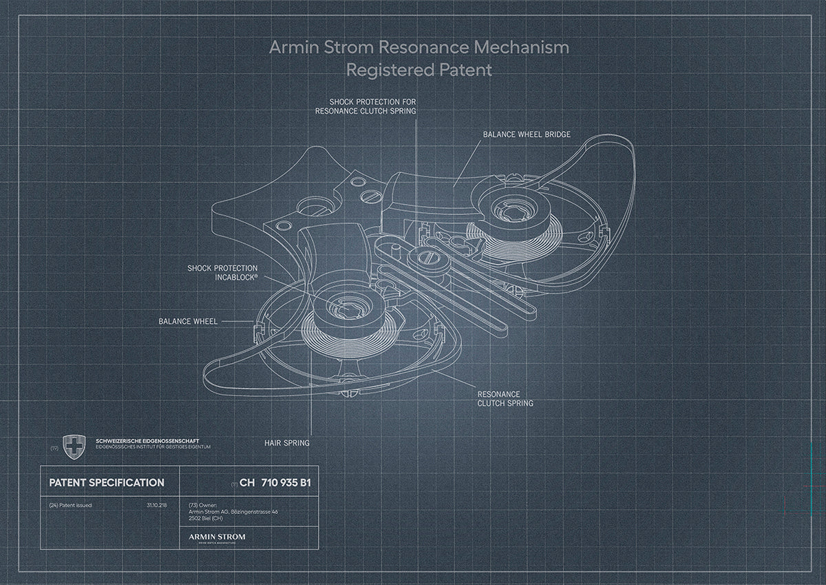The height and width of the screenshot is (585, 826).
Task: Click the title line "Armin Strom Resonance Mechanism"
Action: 419,48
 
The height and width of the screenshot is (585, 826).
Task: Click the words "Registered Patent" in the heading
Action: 419,70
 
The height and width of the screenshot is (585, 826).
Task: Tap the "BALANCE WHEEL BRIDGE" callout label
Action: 526,134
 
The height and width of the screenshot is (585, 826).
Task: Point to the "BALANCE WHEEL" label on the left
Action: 188,321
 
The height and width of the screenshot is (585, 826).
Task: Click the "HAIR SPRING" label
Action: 287,443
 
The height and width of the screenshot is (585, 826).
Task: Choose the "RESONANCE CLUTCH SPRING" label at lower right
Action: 505,399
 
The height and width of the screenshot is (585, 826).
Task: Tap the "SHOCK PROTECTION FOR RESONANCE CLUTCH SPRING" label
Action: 366,105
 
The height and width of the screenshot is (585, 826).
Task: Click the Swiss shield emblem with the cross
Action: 74,447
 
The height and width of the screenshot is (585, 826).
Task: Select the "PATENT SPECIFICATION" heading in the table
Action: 107,483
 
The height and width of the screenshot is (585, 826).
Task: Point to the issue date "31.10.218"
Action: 156,505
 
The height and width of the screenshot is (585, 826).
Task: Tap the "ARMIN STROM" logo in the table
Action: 216,536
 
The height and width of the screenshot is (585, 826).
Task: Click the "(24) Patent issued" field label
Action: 70,505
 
